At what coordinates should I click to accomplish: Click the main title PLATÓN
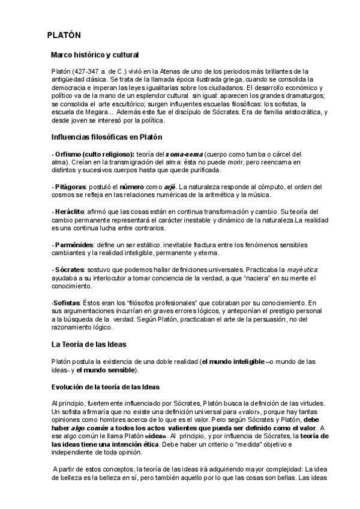pyautogui.click(x=64, y=35)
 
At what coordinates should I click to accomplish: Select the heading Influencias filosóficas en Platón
pyautogui.click(x=107, y=137)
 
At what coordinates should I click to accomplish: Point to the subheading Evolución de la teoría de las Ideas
pyautogui.click(x=106, y=385)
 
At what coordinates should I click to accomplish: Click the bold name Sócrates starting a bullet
pyautogui.click(x=69, y=270)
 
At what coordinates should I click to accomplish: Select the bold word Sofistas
pyautogui.click(x=67, y=303)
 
